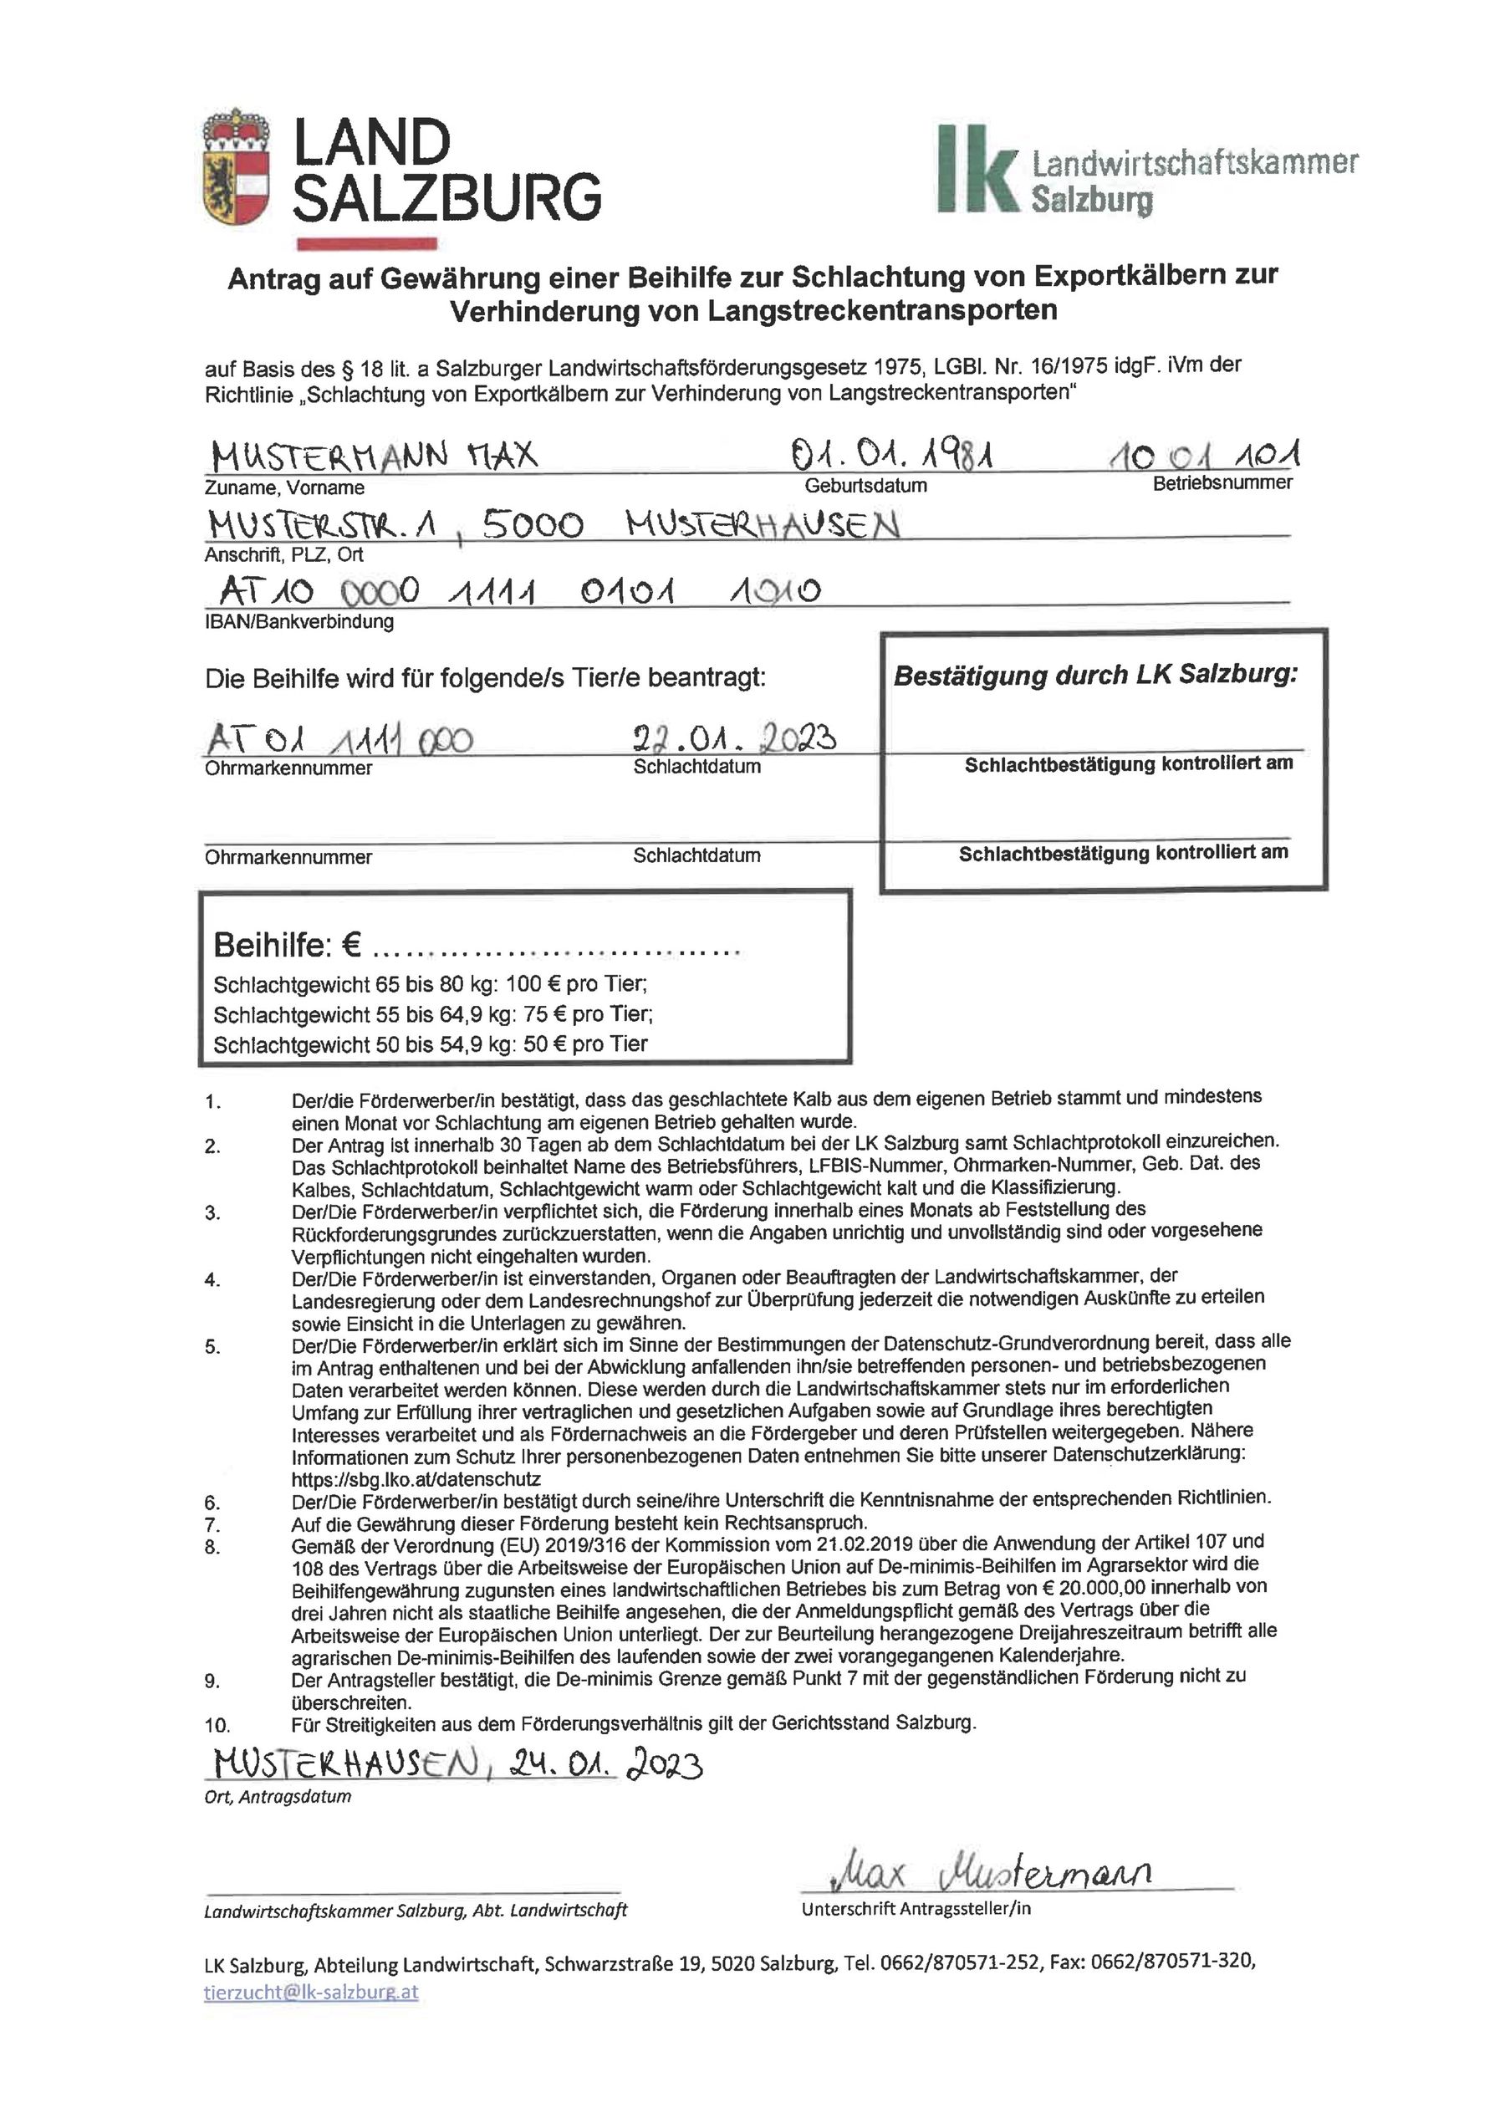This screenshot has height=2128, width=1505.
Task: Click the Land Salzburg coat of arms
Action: pos(237,171)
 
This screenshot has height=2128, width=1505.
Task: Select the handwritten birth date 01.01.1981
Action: pos(890,455)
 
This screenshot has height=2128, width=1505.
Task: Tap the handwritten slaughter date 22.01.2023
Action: pos(735,737)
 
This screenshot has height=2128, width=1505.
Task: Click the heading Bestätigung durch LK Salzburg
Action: pos(1095,675)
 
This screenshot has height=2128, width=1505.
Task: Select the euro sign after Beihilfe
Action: pos(351,946)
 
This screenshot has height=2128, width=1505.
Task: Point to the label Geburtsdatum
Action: pos(865,486)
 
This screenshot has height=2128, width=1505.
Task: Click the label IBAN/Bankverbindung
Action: pos(299,622)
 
